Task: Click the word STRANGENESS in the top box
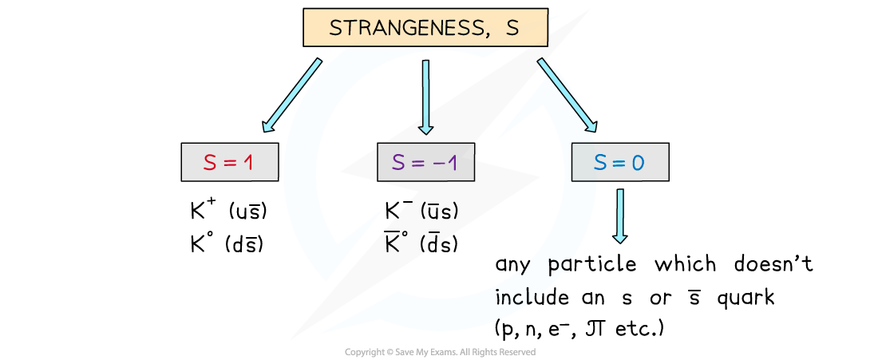coord(404,28)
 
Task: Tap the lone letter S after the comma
coord(511,28)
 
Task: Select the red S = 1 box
coord(229,162)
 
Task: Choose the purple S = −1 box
coord(425,162)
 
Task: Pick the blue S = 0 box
coord(619,162)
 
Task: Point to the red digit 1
coord(247,162)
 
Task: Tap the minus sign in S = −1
coord(438,163)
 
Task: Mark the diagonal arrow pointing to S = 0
coord(568,95)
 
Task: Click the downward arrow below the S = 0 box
coord(619,215)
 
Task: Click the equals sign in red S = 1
coord(230,163)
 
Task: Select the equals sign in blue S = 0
coord(619,163)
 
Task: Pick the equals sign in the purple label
coord(418,163)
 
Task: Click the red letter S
coord(210,162)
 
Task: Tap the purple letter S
coord(399,162)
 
